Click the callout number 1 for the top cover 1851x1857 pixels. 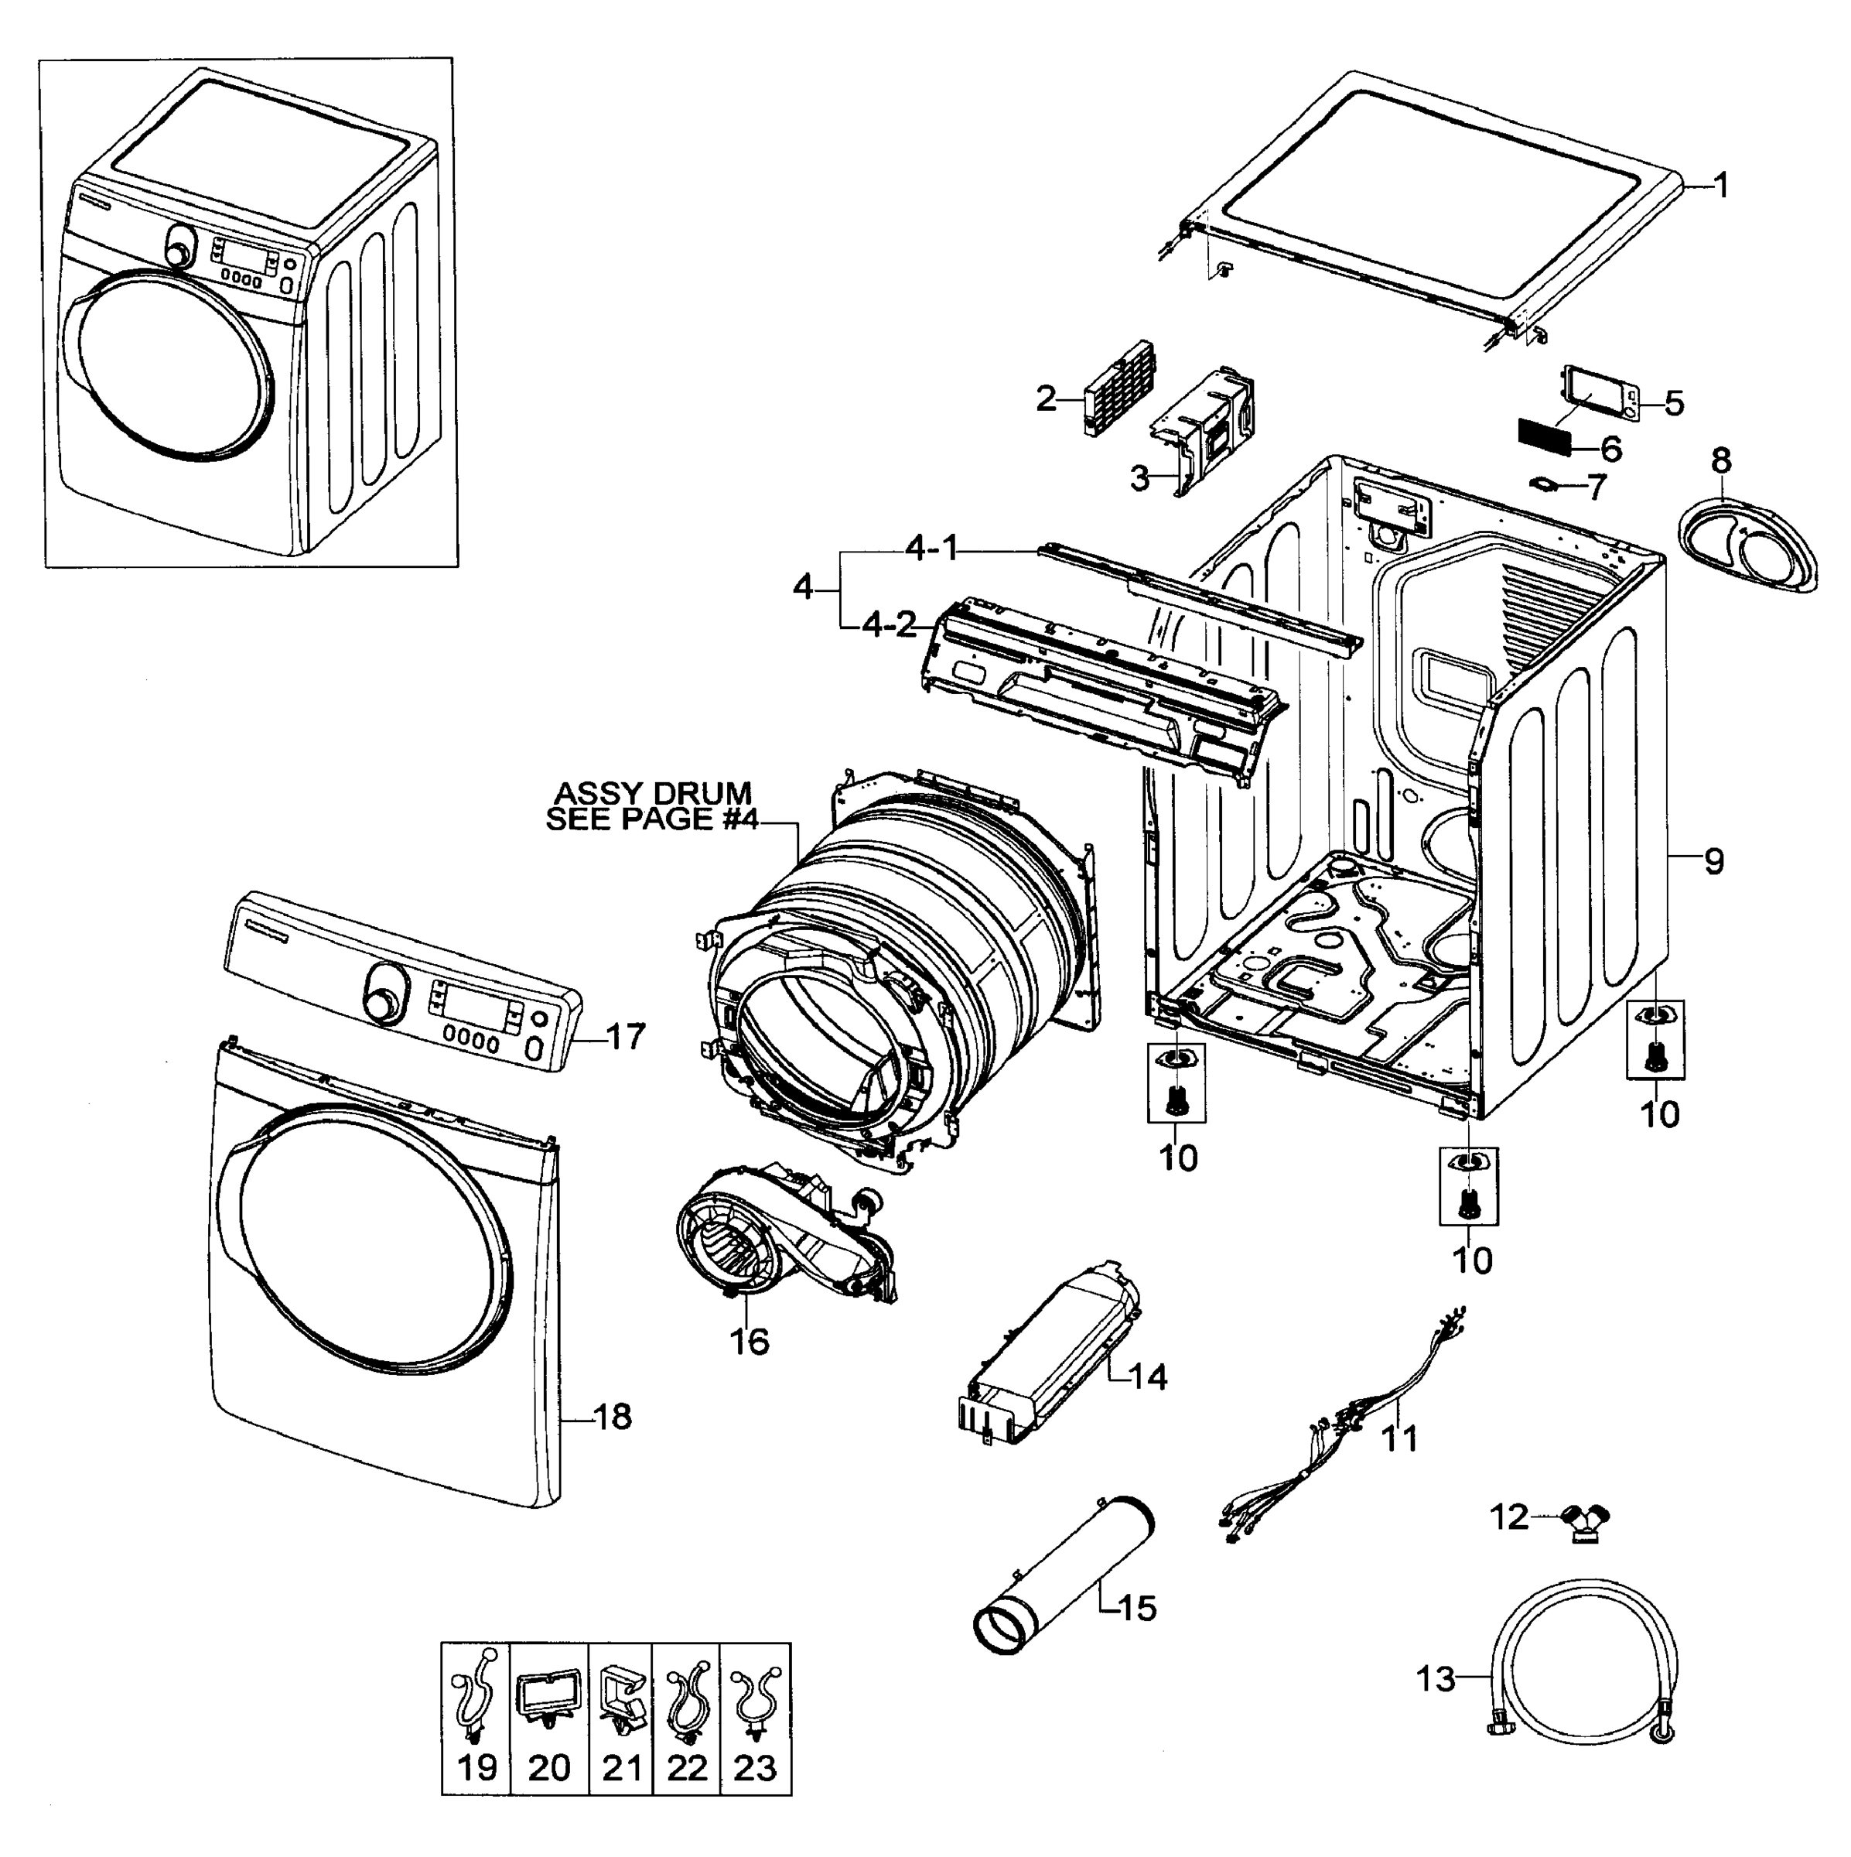point(1721,186)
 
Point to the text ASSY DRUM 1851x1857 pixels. point(654,794)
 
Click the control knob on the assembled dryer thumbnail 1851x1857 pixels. point(179,247)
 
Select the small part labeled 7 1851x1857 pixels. point(1545,483)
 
